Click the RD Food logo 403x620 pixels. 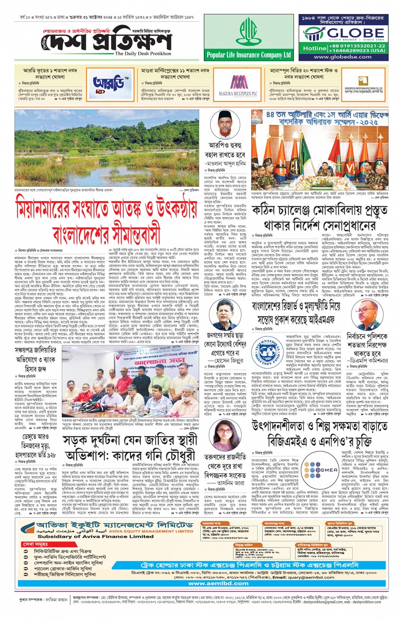(x=105, y=84)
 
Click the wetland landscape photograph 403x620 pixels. (x=107, y=148)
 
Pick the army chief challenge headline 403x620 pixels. (x=320, y=218)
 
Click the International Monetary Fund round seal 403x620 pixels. (x=267, y=352)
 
